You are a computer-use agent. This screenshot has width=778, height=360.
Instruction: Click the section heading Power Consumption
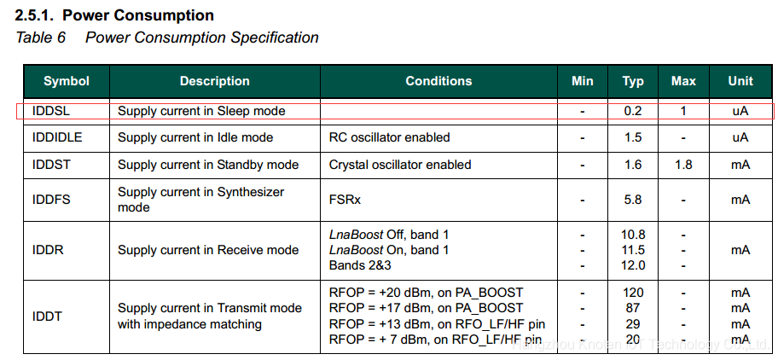[x=138, y=15]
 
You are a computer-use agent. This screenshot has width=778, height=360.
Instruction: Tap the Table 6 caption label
[x=41, y=38]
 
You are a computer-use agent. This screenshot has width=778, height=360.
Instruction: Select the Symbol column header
[x=67, y=81]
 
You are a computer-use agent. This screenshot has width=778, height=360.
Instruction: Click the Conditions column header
[x=438, y=81]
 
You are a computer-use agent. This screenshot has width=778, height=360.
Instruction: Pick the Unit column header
[x=740, y=81]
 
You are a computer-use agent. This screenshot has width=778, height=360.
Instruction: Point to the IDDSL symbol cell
[x=51, y=111]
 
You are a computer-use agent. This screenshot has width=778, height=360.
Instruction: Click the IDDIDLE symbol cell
[x=57, y=137]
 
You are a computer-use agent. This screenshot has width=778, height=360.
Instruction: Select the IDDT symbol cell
[x=47, y=316]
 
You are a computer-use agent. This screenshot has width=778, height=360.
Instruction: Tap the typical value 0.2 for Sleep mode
[x=633, y=111]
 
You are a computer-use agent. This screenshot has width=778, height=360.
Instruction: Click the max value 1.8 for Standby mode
[x=683, y=164]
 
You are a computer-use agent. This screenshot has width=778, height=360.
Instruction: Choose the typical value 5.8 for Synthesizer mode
[x=633, y=200]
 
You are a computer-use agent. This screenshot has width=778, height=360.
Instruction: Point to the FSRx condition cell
[x=345, y=200]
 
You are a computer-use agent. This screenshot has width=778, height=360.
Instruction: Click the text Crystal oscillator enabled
[x=400, y=164]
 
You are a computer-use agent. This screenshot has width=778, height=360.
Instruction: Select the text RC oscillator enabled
[x=390, y=137]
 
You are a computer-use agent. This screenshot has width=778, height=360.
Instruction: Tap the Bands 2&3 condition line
[x=360, y=265]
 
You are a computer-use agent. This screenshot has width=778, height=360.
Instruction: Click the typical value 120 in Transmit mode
[x=633, y=293]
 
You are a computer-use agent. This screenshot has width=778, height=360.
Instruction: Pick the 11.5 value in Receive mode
[x=633, y=250]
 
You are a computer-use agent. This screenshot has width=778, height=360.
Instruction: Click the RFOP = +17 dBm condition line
[x=426, y=308]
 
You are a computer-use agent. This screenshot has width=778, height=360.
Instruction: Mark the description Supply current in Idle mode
[x=195, y=137]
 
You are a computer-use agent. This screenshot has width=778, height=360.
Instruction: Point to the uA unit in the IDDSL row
[x=740, y=111]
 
